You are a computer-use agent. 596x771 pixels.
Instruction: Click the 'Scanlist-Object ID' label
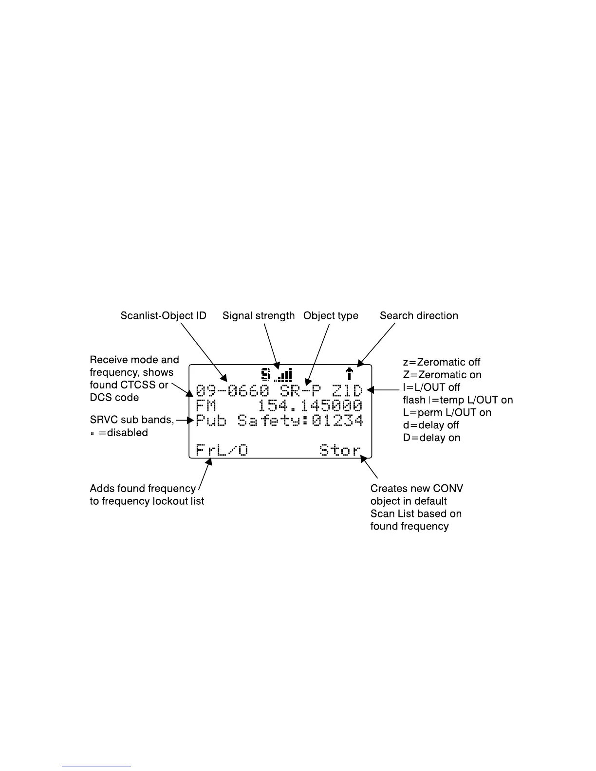(163, 316)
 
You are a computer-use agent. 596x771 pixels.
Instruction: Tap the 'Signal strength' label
(259, 316)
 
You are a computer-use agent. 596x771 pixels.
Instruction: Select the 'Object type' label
(331, 316)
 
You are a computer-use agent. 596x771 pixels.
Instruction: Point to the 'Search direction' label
(419, 316)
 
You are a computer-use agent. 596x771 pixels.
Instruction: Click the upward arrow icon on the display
(349, 374)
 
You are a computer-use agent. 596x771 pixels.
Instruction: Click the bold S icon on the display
(266, 374)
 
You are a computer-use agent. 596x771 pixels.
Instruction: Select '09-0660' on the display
(232, 391)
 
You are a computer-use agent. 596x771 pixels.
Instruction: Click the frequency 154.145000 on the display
(310, 406)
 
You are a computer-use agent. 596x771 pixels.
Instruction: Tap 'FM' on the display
(206, 406)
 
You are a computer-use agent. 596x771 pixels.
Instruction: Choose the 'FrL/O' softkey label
(222, 450)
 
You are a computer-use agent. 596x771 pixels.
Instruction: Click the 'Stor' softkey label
(340, 450)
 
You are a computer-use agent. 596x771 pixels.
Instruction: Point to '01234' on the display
(337, 421)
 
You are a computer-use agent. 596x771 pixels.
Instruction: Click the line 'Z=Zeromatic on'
(442, 375)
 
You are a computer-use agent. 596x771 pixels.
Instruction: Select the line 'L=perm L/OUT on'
(447, 413)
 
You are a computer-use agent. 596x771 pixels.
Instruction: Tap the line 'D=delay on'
(431, 438)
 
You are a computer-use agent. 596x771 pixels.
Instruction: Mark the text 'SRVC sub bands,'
(132, 420)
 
